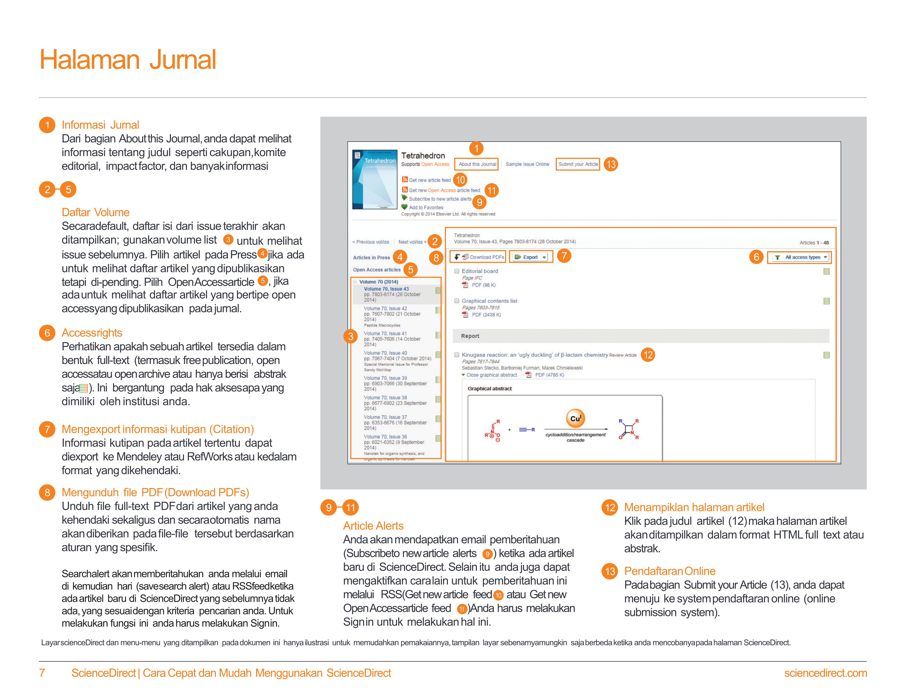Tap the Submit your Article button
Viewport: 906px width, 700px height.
click(578, 164)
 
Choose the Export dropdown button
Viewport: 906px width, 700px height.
click(531, 257)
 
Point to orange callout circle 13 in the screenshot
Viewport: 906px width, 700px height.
click(611, 164)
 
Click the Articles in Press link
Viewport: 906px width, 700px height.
click(371, 258)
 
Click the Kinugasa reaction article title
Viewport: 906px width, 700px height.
click(534, 355)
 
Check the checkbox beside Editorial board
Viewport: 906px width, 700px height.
click(457, 271)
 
